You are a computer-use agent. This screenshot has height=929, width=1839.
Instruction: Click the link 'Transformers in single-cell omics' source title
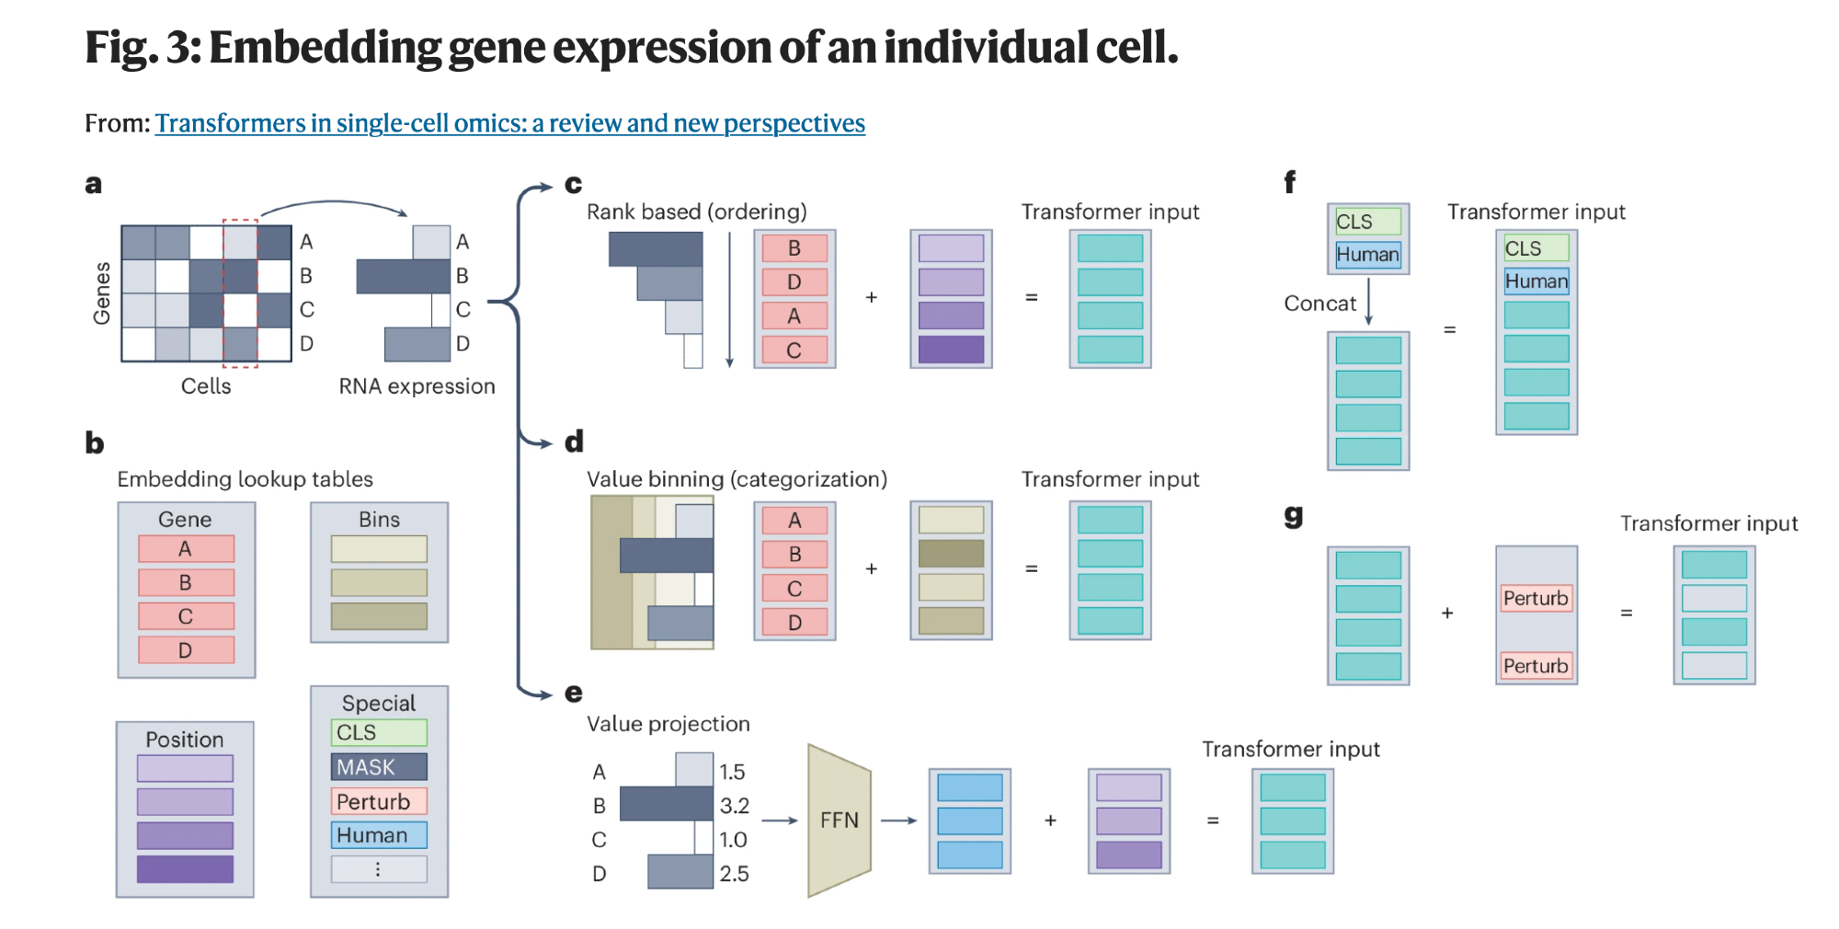click(x=509, y=123)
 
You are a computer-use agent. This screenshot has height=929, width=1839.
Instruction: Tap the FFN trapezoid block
click(x=839, y=820)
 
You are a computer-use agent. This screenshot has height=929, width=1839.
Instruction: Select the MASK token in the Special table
click(x=379, y=767)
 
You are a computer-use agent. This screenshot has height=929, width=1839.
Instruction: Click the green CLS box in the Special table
click(x=379, y=733)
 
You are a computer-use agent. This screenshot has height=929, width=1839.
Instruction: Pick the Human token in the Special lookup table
click(x=379, y=835)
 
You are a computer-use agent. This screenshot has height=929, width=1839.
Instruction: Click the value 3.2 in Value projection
click(x=734, y=806)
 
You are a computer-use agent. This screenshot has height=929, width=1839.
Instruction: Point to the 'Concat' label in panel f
click(x=1319, y=304)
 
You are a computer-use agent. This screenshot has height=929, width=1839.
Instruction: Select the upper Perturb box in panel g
click(x=1536, y=599)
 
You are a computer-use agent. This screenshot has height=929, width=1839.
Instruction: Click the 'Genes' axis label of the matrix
click(x=102, y=293)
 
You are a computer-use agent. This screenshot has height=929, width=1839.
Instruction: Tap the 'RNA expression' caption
click(x=417, y=386)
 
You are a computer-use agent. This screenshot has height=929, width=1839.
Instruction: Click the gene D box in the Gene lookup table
click(x=186, y=650)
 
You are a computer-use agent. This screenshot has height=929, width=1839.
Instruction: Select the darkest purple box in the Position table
click(x=185, y=869)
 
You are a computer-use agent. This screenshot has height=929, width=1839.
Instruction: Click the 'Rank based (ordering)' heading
click(x=696, y=212)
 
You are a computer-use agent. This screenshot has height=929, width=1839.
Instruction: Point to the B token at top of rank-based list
click(x=794, y=248)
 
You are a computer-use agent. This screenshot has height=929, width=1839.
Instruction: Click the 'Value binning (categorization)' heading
click(x=737, y=479)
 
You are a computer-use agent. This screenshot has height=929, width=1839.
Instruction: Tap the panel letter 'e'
click(x=574, y=693)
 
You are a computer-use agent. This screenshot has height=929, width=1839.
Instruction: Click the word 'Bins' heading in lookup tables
click(x=379, y=520)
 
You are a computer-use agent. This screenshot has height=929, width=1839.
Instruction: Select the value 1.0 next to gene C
click(x=733, y=840)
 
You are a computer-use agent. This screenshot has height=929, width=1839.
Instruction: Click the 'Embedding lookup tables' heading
click(x=245, y=479)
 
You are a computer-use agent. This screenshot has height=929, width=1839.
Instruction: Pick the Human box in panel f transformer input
click(x=1536, y=281)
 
